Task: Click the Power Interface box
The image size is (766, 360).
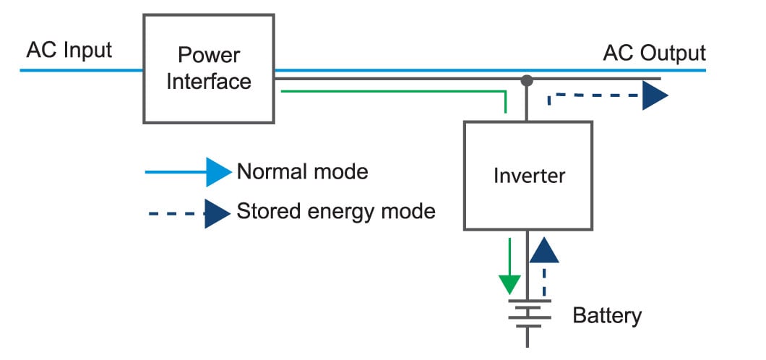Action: click(x=209, y=69)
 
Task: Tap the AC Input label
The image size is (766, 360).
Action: click(x=69, y=51)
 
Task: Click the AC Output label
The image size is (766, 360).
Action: click(x=654, y=53)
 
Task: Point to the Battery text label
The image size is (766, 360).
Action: click(x=606, y=316)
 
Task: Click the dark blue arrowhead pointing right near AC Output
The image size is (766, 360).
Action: click(x=655, y=95)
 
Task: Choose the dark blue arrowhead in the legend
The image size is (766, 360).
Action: click(x=217, y=213)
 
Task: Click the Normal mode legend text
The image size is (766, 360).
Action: click(x=302, y=172)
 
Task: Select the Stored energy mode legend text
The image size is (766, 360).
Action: click(x=336, y=212)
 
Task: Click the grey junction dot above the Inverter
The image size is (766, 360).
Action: click(x=528, y=80)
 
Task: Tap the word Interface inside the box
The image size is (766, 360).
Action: click(x=209, y=81)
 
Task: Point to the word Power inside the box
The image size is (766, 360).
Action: click(x=209, y=56)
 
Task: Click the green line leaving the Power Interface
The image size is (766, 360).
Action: click(x=390, y=91)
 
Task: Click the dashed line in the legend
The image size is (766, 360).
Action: click(x=173, y=213)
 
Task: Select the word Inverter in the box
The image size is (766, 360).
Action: click(x=529, y=175)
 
